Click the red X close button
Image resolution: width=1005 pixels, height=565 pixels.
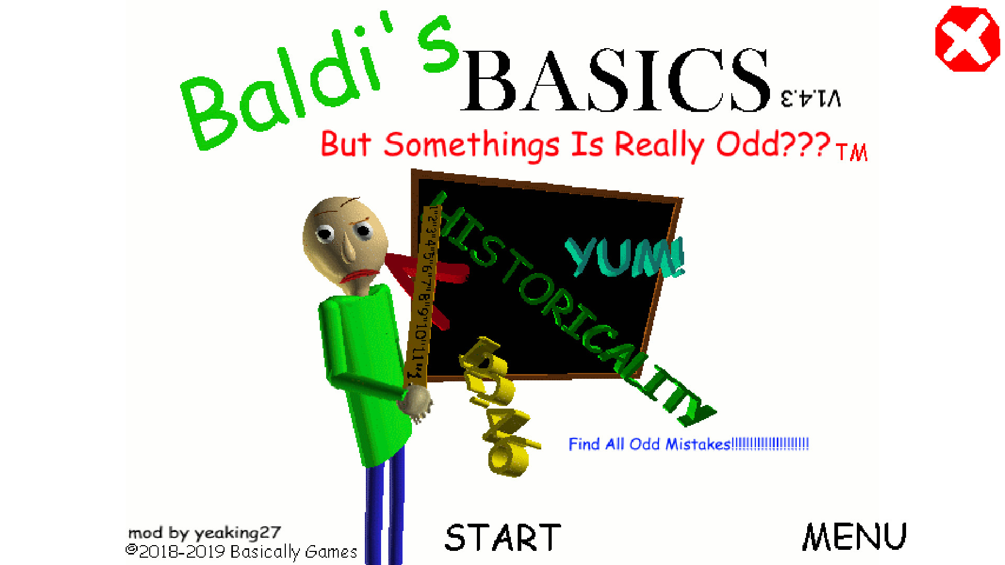point(967,39)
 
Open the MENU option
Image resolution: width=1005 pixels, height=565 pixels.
point(854,537)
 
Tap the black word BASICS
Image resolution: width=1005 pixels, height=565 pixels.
point(616,81)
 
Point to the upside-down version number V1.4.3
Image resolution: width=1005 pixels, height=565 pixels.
point(811,98)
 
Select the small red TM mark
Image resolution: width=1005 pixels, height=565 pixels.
point(852,152)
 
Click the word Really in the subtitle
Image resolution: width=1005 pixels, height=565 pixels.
point(660,145)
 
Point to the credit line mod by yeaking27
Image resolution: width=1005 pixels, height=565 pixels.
point(205,533)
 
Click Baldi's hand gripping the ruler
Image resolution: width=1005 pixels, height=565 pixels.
point(416,403)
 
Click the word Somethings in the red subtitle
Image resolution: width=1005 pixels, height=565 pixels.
point(471,145)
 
